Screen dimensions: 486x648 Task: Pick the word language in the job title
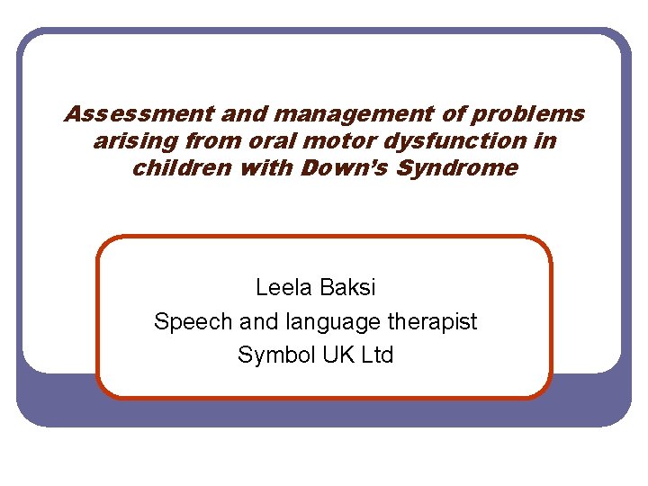point(327,321)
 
